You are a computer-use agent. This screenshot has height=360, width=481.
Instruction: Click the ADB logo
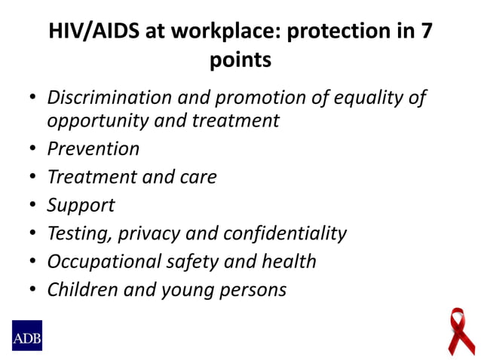(26, 335)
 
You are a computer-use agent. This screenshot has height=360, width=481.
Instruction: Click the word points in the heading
(240, 60)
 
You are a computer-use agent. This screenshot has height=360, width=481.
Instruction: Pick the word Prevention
(93, 148)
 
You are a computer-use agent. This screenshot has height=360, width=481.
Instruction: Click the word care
(198, 177)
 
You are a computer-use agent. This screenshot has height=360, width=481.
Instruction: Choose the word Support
(81, 205)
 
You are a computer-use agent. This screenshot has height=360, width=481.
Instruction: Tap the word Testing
(79, 233)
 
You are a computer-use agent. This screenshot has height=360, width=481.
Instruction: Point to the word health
(287, 261)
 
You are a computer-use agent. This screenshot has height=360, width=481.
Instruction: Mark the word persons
(249, 290)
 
